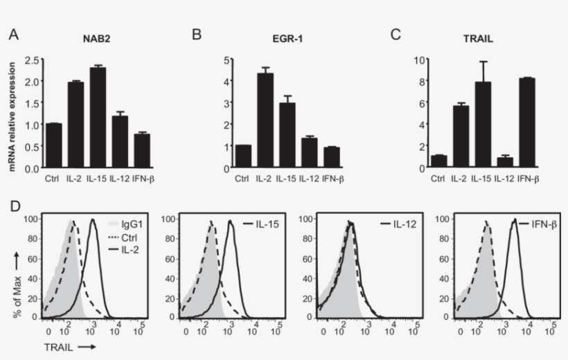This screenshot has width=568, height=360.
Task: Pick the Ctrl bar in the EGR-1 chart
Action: tap(242, 156)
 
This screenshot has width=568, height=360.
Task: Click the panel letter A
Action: tap(13, 34)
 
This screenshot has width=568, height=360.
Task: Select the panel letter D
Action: tap(13, 208)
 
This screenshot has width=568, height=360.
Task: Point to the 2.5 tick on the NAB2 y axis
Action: tap(31, 60)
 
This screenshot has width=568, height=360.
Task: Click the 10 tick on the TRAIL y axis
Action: tap(419, 60)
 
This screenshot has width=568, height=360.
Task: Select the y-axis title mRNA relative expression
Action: tap(12, 114)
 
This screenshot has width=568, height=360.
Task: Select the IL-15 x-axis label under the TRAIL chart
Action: tap(483, 179)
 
